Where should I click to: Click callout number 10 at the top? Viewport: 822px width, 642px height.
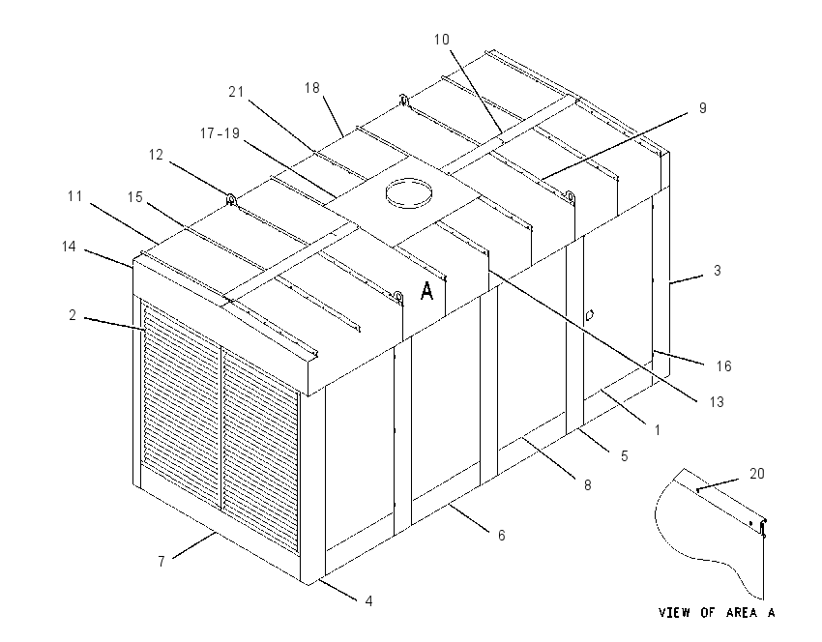click(x=441, y=40)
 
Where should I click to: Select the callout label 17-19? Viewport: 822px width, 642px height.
click(x=220, y=133)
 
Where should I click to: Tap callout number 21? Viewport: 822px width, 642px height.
click(x=236, y=92)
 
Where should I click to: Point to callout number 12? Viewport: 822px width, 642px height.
click(x=156, y=155)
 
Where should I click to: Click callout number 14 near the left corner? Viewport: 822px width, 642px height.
click(x=69, y=247)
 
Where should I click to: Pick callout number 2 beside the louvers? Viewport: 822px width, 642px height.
click(x=73, y=315)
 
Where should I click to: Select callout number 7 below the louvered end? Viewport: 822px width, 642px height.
click(x=161, y=562)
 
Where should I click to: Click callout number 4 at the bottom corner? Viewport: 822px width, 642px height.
click(x=368, y=601)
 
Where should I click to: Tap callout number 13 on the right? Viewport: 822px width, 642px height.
click(x=716, y=402)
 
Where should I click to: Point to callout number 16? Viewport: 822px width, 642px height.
click(x=723, y=366)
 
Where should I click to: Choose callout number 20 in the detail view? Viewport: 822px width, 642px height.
click(x=757, y=474)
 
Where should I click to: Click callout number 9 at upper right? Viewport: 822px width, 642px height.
click(x=702, y=108)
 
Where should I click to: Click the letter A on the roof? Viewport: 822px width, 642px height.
click(x=427, y=291)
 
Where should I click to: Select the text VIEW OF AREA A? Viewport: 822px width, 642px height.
click(x=717, y=612)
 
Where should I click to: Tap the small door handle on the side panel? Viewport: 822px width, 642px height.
click(x=589, y=315)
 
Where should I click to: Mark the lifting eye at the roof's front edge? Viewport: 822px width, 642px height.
click(x=398, y=297)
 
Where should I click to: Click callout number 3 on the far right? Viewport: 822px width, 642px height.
click(x=718, y=271)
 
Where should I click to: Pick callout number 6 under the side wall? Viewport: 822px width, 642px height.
click(x=501, y=535)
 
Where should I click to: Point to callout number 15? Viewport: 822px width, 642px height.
click(x=134, y=197)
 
